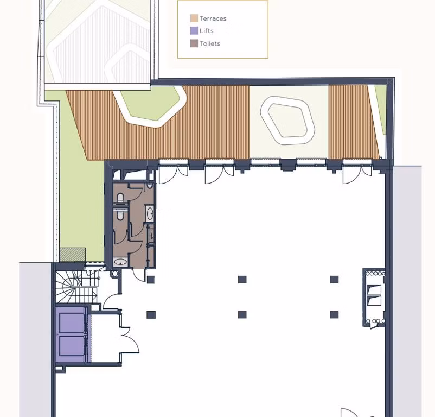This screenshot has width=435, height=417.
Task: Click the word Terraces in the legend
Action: point(213,18)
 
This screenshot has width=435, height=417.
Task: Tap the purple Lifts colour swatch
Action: point(194,30)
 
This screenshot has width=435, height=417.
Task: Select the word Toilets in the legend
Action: point(210,43)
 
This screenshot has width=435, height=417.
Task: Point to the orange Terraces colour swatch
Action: point(194,18)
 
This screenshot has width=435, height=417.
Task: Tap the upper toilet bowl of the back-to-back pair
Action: point(120,198)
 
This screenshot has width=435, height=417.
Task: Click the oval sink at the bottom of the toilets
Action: point(120,262)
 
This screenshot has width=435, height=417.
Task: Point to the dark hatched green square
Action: point(73,255)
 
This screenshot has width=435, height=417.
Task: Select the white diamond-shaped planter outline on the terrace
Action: point(287,120)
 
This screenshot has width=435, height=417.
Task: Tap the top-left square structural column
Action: point(151,280)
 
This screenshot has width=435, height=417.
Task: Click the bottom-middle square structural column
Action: point(242,314)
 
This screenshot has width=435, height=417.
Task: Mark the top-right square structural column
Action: point(334,279)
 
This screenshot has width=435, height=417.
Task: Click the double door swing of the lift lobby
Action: point(130,340)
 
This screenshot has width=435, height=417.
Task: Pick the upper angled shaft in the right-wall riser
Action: point(374,290)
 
